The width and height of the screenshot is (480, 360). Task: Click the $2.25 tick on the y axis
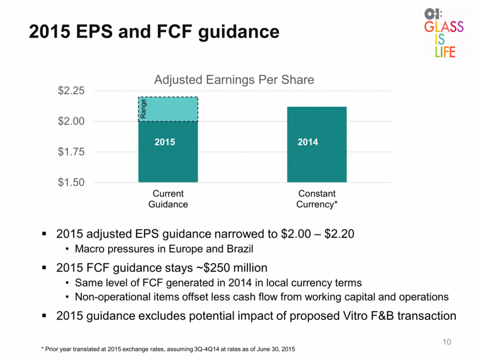71,91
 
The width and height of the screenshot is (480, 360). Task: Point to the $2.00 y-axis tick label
71,121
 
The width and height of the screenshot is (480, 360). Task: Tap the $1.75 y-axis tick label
71,151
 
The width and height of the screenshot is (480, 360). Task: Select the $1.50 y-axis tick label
71,182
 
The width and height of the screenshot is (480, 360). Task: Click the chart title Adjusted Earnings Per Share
234,80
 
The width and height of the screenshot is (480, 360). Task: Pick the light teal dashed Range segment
168,109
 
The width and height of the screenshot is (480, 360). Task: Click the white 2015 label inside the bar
165,142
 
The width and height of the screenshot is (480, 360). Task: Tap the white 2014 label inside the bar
308,142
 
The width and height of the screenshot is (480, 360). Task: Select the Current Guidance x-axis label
168,199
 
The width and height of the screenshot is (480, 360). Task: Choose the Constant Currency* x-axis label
317,199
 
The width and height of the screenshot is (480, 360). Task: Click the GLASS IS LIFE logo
444,33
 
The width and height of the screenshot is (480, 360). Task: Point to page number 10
446,342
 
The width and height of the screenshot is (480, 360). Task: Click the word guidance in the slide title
239,32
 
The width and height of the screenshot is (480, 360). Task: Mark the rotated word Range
143,109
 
